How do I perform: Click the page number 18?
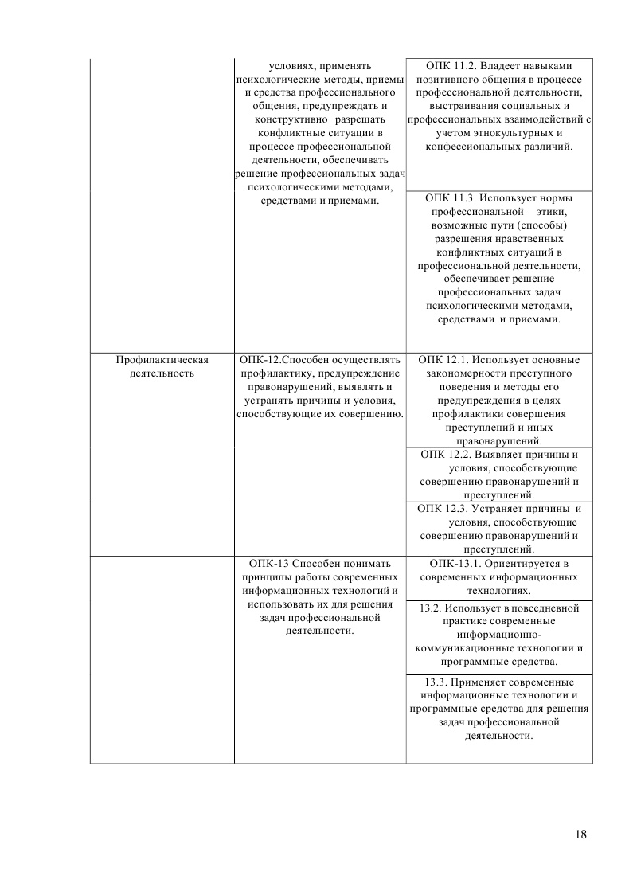pos(580,834)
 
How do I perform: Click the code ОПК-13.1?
pos(454,563)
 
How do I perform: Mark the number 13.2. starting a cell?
pos(430,607)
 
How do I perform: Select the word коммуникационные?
pos(461,647)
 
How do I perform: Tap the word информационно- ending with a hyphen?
pos(499,634)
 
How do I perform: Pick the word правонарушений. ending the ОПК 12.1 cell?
pos(499,440)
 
